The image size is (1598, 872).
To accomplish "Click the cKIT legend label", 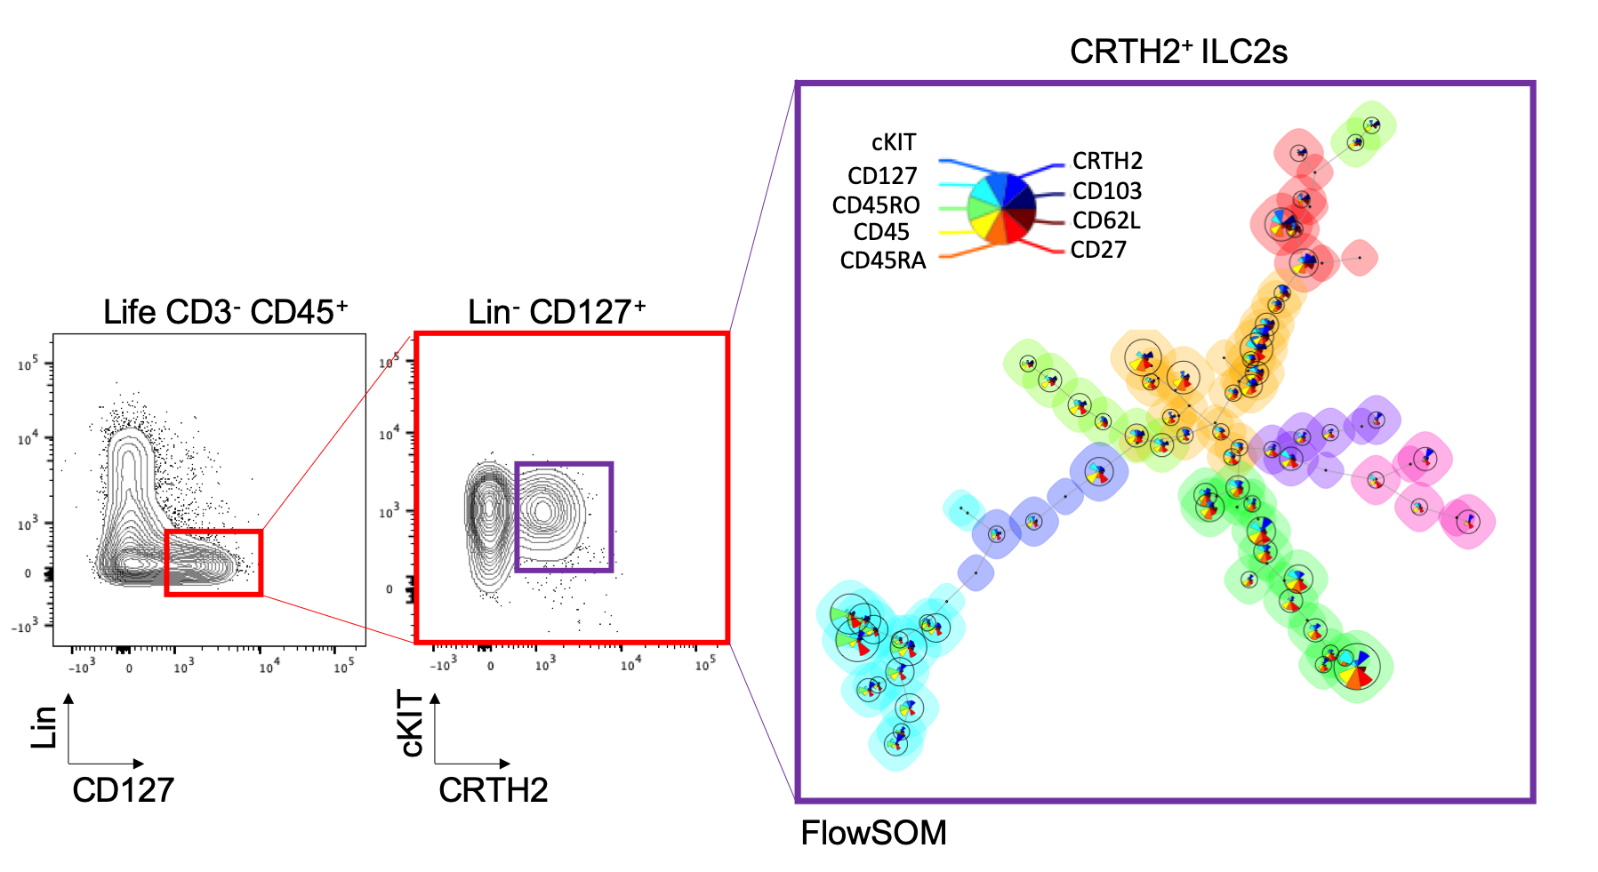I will point(893,142).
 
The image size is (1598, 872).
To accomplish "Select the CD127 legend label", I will point(881,175).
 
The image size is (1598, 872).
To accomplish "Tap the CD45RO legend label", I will point(875,205).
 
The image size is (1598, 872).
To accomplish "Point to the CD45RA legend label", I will point(882,260).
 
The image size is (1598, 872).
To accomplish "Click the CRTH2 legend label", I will point(1107,161).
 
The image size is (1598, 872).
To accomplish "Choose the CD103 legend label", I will point(1107,191).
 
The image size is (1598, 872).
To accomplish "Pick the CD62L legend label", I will point(1106,220).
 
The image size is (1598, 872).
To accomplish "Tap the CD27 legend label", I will point(1098,250).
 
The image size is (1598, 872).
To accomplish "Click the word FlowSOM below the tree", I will point(873,833).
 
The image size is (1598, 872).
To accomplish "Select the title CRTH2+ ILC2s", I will point(1178,52).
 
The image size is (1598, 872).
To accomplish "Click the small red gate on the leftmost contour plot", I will point(213,563).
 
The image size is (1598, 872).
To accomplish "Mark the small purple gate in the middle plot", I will point(564,516).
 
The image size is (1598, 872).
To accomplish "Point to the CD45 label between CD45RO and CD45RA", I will point(881,232).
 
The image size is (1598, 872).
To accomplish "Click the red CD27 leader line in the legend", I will point(1049,247).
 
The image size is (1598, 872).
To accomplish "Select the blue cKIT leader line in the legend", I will point(960,163).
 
